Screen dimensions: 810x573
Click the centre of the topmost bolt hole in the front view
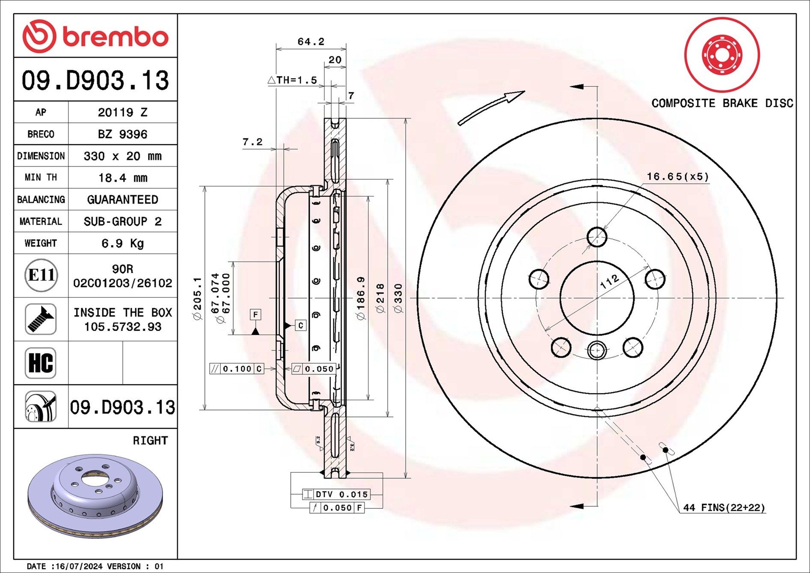click(596, 237)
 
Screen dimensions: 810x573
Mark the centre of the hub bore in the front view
click(596, 298)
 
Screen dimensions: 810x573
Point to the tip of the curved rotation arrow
click(524, 91)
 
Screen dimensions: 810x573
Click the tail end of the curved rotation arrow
click(460, 124)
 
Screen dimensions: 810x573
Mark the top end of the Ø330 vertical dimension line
click(406, 119)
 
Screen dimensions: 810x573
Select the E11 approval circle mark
click(41, 275)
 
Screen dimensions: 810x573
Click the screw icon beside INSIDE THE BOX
click(41, 319)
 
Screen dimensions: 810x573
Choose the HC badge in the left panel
click(41, 363)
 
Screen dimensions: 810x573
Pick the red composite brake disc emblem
click(722, 55)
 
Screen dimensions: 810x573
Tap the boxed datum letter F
click(255, 315)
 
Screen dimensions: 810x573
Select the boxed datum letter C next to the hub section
click(301, 326)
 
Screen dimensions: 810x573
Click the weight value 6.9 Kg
click(123, 243)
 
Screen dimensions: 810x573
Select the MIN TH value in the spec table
click(123, 178)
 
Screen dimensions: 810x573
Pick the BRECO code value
click(123, 134)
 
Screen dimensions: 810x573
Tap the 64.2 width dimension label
click(311, 42)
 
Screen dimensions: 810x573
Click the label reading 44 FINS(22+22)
click(724, 508)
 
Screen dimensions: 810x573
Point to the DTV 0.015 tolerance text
click(342, 494)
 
